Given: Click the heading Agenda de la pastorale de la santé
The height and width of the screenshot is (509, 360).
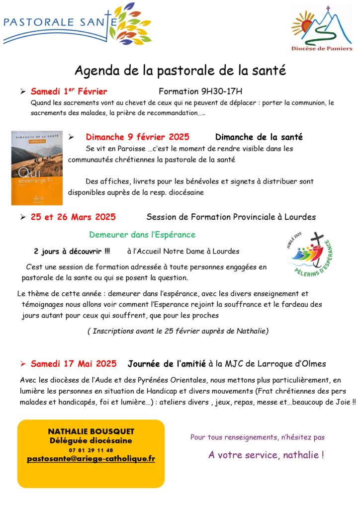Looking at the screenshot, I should pyautogui.click(x=180, y=71).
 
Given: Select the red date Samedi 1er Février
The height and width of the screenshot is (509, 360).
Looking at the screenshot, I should pyautogui.click(x=69, y=91).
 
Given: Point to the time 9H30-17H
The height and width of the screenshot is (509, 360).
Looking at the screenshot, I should pyautogui.click(x=219, y=91).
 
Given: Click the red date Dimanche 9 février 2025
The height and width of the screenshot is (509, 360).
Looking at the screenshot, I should pyautogui.click(x=137, y=137).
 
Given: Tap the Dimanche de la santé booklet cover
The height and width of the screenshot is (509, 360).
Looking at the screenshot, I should pyautogui.click(x=37, y=168).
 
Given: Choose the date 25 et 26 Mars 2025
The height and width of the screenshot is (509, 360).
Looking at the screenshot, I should pyautogui.click(x=73, y=217).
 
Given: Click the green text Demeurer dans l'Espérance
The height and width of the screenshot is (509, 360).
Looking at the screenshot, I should pyautogui.click(x=142, y=235).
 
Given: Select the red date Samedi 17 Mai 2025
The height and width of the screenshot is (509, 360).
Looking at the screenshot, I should pyautogui.click(x=73, y=363).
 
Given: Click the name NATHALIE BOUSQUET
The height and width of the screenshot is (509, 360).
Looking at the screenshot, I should pyautogui.click(x=91, y=431).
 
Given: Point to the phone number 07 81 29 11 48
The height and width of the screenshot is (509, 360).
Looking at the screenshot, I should pyautogui.click(x=91, y=450).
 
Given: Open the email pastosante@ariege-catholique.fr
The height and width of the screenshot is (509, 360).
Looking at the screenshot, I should pyautogui.click(x=91, y=459).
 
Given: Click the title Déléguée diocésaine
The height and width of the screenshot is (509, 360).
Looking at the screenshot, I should pyautogui.click(x=91, y=440).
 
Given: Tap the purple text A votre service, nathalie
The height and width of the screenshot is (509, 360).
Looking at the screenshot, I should pyautogui.click(x=266, y=454).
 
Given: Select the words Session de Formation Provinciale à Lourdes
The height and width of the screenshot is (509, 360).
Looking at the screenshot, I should pyautogui.click(x=231, y=217).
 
